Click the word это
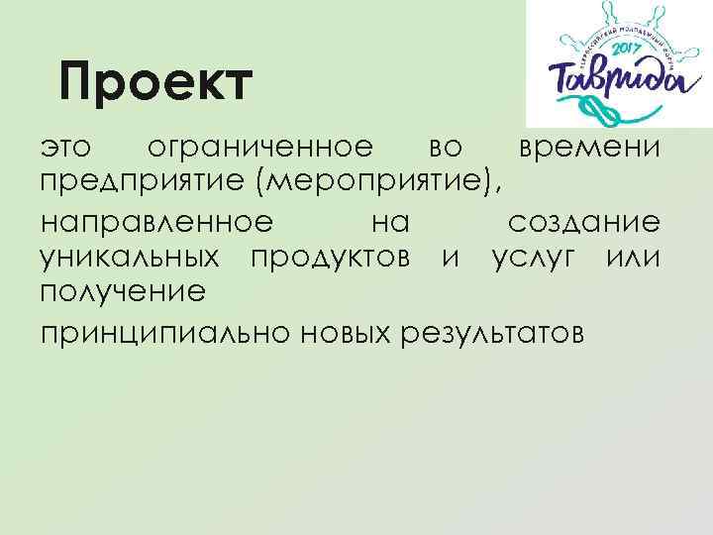[x=66, y=149]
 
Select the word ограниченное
[x=259, y=149]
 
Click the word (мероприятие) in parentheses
[x=378, y=183]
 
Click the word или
[x=634, y=258]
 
